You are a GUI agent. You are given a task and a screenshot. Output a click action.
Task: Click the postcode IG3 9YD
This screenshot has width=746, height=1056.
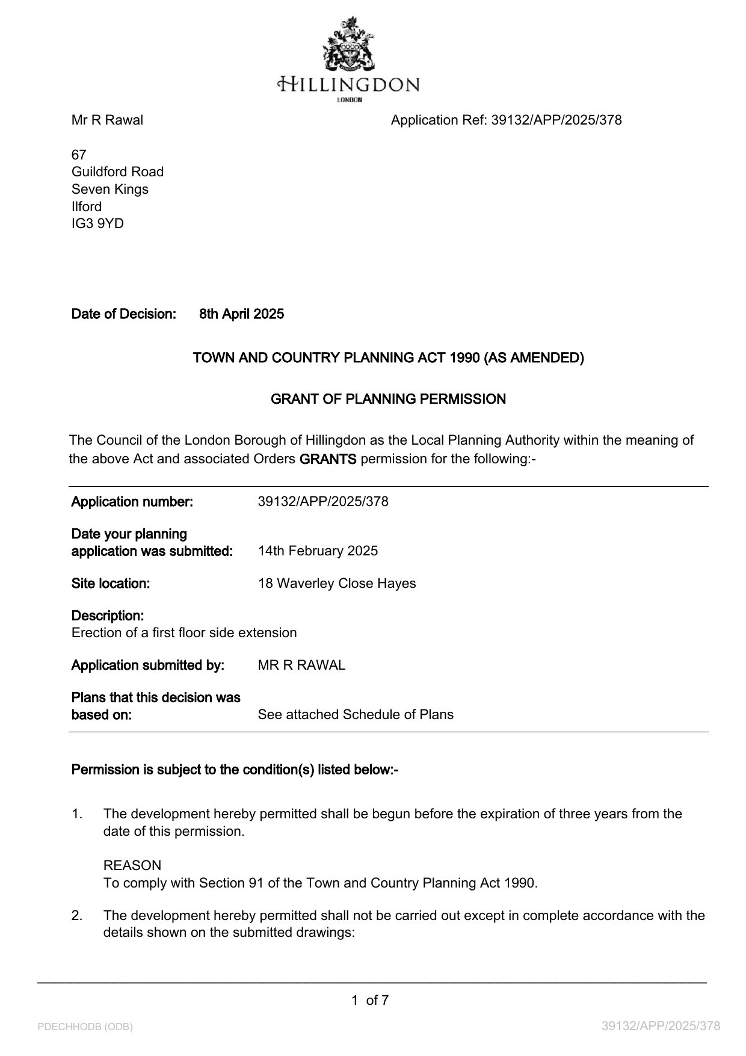pos(97,224)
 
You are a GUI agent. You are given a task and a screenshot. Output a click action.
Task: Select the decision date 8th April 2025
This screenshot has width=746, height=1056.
pos(241,314)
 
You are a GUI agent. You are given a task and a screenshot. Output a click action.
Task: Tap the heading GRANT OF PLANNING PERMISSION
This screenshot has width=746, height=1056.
pos(388,399)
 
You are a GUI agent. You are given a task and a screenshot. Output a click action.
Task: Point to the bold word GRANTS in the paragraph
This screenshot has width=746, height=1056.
pos(328,459)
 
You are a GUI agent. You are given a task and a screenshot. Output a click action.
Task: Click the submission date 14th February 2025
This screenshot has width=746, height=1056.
pos(318,551)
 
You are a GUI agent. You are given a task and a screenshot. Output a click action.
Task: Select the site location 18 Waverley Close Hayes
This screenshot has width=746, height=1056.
pos(336,584)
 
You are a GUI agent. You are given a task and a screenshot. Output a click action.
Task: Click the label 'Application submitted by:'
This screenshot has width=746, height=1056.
pos(147,665)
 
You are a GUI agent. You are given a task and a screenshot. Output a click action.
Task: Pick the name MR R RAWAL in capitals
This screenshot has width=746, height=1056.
pos(301,665)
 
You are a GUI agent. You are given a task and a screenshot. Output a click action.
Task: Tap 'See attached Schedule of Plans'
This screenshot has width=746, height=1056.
pos(356,715)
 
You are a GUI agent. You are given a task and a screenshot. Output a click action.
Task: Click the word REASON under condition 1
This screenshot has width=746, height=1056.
pos(132,866)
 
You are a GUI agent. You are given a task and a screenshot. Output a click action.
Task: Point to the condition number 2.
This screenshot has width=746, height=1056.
pos(76,916)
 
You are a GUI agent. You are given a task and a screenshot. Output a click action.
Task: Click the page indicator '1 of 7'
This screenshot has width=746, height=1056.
pos(370,1001)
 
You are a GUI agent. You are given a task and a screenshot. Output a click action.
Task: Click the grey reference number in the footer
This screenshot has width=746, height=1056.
pos(661,1026)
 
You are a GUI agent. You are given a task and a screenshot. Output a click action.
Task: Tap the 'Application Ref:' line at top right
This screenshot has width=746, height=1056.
pos(506,120)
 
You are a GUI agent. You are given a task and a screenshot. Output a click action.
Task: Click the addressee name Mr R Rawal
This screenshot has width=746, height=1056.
pos(107,120)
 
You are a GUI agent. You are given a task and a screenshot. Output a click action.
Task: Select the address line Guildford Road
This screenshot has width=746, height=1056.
pos(117,172)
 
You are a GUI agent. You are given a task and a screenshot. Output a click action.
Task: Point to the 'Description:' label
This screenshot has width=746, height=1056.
pos(108,616)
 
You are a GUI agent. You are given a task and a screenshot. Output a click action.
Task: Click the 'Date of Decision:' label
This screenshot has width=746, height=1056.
pos(123,314)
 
